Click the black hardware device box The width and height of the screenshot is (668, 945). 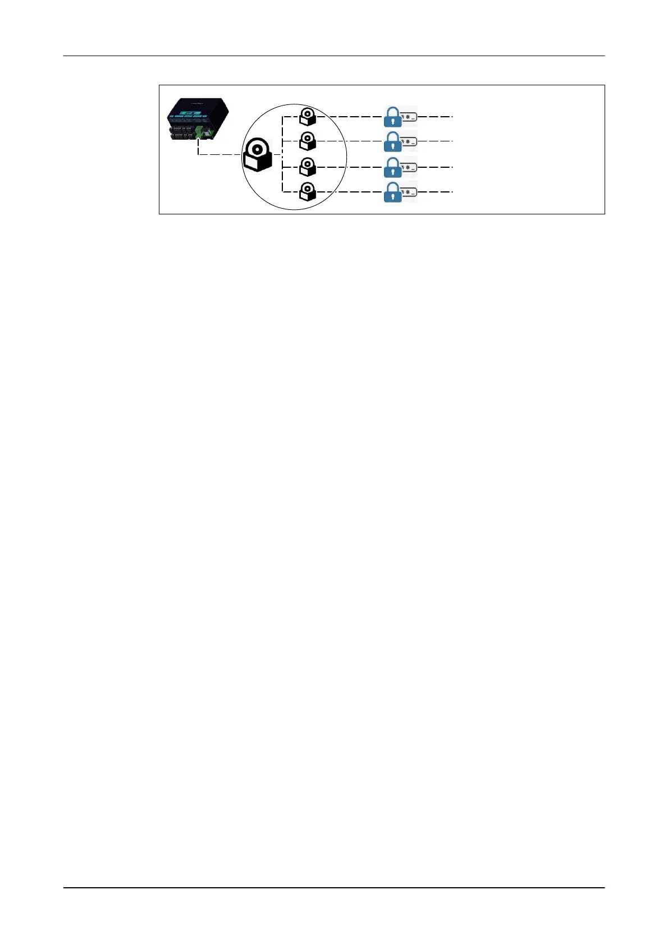pos(198,121)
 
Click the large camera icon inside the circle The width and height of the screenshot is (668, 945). pos(257,155)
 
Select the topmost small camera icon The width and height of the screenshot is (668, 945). pos(307,117)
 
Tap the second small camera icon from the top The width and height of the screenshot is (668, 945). pos(307,141)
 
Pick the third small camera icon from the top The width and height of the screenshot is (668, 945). pos(307,167)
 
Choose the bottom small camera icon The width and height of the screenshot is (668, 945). pos(307,192)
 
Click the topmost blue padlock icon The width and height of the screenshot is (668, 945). pos(393,117)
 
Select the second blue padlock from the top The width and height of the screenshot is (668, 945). pos(393,142)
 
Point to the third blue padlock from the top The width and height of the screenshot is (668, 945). pos(393,167)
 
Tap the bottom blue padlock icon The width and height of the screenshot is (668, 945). pos(393,192)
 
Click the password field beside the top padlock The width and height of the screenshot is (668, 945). pos(409,117)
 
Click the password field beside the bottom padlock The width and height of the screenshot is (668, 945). pos(409,192)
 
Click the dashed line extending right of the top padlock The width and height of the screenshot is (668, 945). pos(435,117)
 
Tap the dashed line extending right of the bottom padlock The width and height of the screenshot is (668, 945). pos(435,192)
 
